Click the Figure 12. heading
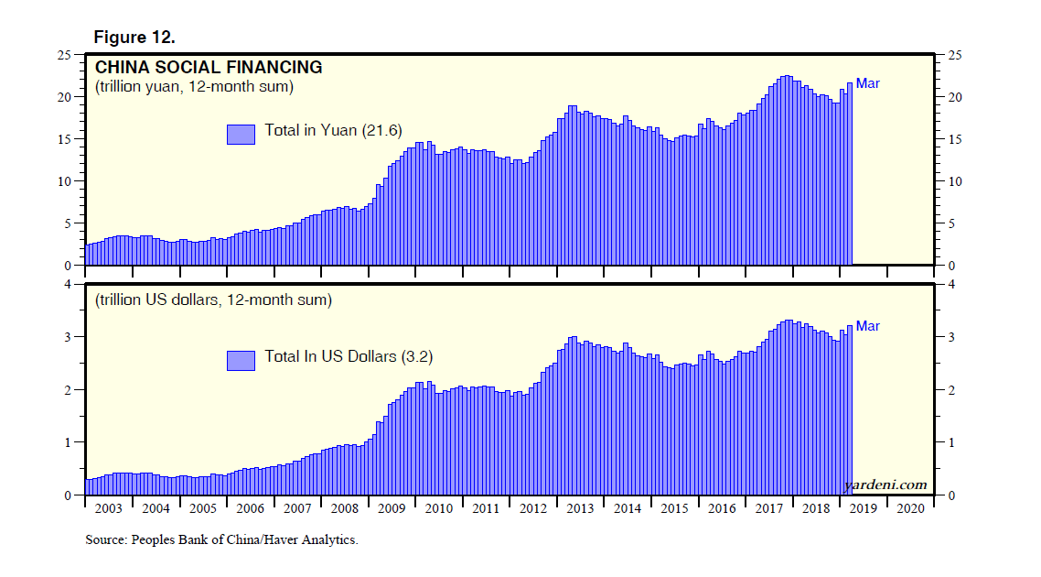(134, 38)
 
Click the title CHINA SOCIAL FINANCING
(209, 68)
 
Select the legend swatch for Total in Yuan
(241, 134)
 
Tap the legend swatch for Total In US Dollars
(241, 360)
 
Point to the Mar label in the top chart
(867, 83)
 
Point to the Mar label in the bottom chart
(867, 326)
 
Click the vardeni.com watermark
(885, 484)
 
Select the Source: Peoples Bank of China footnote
(221, 540)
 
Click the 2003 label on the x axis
(108, 509)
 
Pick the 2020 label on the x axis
(910, 509)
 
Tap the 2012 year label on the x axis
(532, 509)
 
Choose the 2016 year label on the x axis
(721, 509)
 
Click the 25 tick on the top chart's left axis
(65, 55)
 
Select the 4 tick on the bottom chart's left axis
(69, 285)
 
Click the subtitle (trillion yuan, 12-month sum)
(194, 88)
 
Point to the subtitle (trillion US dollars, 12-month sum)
(213, 300)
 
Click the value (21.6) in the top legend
(384, 130)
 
